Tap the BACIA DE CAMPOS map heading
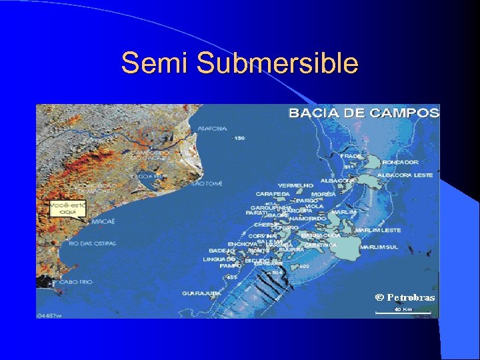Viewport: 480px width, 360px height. (363, 113)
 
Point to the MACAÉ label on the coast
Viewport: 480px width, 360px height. (103, 221)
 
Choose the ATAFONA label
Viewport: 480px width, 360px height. (212, 129)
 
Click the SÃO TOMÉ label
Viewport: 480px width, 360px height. (206, 183)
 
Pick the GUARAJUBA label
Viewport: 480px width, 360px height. (201, 293)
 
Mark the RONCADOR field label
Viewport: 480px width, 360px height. (401, 162)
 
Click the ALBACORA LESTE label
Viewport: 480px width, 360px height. (405, 175)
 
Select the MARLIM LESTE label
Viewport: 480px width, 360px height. (378, 230)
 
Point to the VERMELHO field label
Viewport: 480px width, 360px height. (295, 185)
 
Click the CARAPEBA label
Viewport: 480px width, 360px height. (272, 194)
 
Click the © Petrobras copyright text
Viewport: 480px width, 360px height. (405, 297)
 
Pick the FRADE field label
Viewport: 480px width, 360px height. (351, 156)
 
